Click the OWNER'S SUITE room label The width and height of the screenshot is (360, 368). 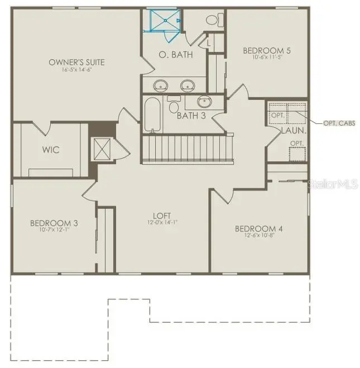tap(84, 62)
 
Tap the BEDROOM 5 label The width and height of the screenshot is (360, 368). tap(267, 51)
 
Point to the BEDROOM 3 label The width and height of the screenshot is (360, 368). tap(54, 223)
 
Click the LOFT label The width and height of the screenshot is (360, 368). tap(162, 216)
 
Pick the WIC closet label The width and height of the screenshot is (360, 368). tap(51, 150)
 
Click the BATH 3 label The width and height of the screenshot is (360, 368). tap(191, 116)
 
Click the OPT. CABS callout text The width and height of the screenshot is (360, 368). tap(339, 123)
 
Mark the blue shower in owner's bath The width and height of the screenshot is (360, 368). tap(164, 21)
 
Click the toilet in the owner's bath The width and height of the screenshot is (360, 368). tap(212, 21)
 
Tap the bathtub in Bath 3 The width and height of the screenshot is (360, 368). tap(152, 114)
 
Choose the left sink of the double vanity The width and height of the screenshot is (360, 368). tap(161, 85)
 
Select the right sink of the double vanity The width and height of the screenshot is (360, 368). tap(187, 85)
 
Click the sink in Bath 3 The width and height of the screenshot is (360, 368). tap(205, 102)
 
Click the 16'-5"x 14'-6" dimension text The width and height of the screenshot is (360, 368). tap(84, 69)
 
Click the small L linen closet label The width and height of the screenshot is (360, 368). tap(209, 42)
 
